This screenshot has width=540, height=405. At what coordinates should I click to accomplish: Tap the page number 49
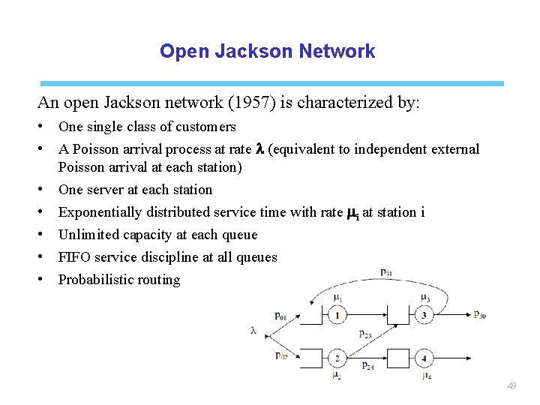pos(511,386)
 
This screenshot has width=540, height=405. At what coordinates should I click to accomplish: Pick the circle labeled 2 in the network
pos(338,358)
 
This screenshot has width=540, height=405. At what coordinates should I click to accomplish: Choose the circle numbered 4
pos(424,358)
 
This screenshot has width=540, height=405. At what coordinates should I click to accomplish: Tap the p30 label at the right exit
pos(479,315)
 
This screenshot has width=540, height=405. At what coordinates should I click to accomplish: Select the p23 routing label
pos(365,334)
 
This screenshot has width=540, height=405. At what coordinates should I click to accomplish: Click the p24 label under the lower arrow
pos(367,365)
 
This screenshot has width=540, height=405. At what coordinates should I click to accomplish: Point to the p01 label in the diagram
pos(280,316)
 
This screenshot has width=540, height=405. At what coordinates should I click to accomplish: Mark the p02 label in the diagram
pos(280,356)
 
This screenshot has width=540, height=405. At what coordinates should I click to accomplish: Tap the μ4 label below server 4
pos(426,375)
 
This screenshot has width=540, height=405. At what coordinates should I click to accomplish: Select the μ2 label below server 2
pos(337,374)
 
